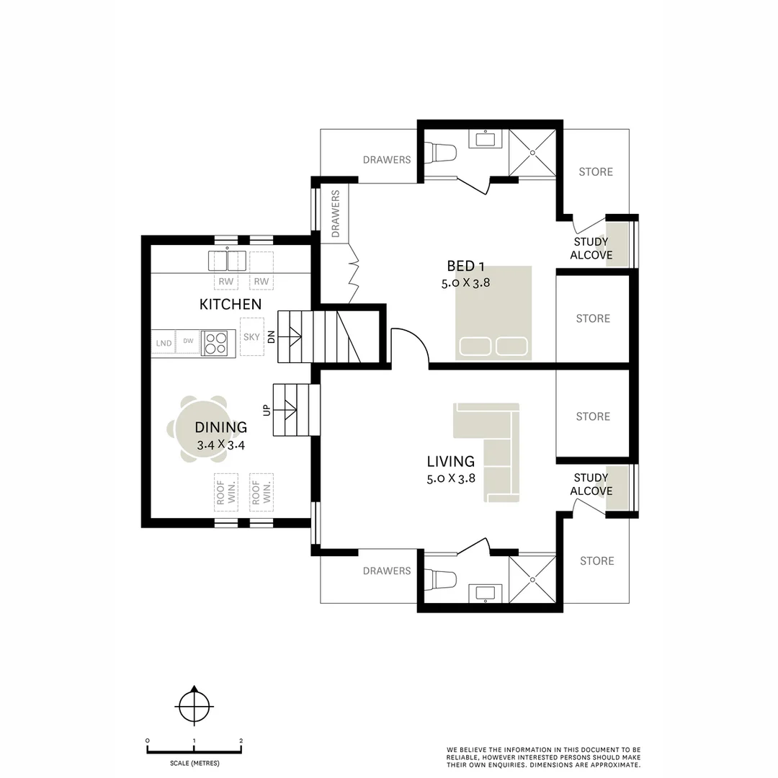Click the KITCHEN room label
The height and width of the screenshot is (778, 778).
[230, 305]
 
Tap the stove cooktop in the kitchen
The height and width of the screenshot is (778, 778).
[214, 343]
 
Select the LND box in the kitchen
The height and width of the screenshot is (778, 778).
[164, 343]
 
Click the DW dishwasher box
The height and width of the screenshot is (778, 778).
[187, 341]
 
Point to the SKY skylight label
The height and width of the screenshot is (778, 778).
[251, 337]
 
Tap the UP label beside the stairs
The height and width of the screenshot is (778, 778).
[267, 410]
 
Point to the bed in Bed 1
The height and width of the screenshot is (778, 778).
[493, 313]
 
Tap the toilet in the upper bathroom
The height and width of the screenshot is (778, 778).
[441, 153]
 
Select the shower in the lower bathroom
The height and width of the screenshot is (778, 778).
[532, 579]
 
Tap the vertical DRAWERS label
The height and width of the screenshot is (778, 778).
[335, 214]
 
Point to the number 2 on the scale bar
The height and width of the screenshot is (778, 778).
[241, 741]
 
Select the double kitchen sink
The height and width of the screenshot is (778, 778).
[228, 260]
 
